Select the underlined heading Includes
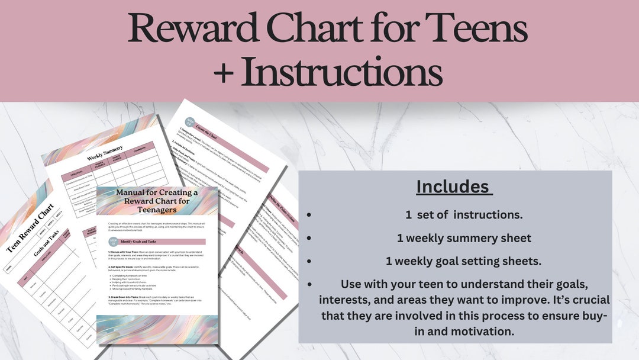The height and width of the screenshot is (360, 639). pos(454,187)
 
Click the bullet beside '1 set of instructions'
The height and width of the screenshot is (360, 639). pos(308,214)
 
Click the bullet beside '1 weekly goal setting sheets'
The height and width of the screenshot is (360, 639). pos(308,261)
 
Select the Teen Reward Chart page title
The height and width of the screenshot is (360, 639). pos(31,228)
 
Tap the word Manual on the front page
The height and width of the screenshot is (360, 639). pos(133,192)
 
